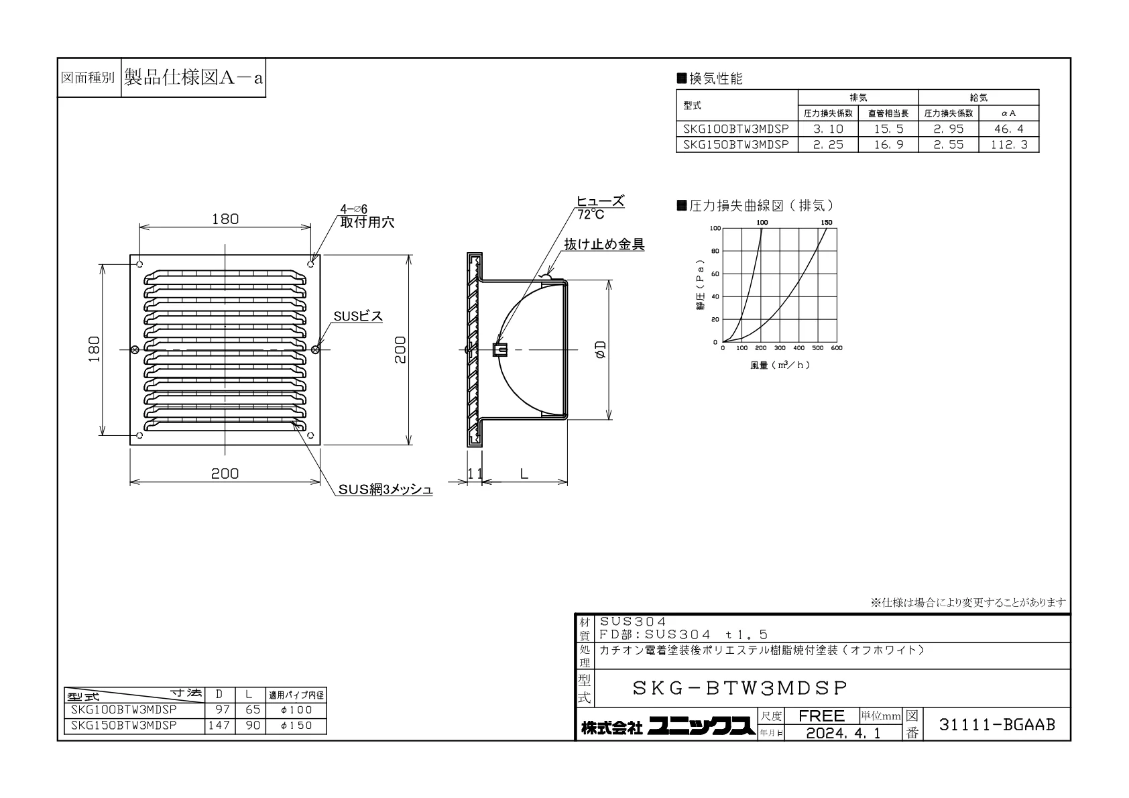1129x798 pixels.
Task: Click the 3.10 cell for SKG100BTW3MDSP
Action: (827, 129)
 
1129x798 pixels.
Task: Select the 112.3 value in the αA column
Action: (1009, 146)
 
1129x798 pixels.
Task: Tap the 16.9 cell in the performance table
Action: (888, 146)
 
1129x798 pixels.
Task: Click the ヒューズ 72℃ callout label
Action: (600, 208)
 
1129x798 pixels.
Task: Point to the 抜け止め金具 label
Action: (604, 245)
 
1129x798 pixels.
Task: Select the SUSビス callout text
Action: (358, 316)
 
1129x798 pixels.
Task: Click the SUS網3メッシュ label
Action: (385, 490)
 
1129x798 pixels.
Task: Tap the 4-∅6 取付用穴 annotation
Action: (367, 216)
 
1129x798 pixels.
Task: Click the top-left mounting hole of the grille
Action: (139, 264)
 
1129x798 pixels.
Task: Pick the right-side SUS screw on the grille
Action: (316, 349)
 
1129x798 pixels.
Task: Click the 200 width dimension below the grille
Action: (225, 473)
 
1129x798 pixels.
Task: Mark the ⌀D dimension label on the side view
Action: (600, 350)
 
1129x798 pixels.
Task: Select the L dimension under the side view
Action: (524, 473)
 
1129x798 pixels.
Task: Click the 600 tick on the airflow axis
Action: (837, 348)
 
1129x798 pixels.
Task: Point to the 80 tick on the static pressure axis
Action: (714, 251)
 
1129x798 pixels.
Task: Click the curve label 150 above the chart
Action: (827, 223)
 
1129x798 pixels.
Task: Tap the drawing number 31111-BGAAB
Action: (997, 725)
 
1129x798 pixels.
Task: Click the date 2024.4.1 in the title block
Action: (843, 733)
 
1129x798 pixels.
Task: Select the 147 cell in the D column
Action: (219, 726)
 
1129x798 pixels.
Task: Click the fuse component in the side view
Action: (499, 350)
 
